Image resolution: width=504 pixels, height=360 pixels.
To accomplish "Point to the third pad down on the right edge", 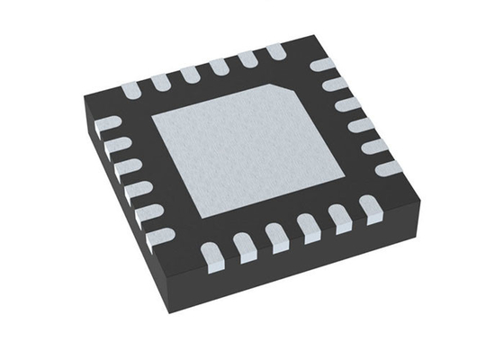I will (347, 104).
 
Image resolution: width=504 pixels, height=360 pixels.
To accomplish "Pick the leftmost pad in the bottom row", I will (211, 258).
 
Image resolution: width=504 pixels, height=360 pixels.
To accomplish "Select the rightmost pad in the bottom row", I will (368, 210).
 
